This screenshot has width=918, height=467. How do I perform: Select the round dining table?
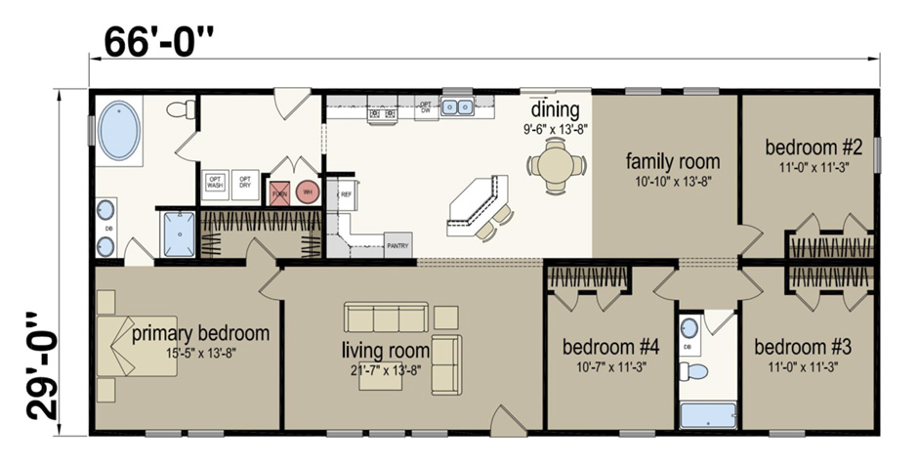(556, 163)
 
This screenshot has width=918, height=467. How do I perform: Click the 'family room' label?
(673, 161)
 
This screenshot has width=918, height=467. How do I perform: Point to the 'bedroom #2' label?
(813, 148)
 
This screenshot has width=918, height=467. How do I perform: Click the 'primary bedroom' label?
(200, 333)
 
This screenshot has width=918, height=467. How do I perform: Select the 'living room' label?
(386, 349)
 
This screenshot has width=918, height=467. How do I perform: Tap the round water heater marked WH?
(308, 191)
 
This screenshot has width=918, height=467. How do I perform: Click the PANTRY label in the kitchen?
(397, 245)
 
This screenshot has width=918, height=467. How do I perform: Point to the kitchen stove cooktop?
(382, 114)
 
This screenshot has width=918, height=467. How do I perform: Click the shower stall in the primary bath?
(179, 233)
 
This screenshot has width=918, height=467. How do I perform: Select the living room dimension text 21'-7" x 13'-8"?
(386, 368)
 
